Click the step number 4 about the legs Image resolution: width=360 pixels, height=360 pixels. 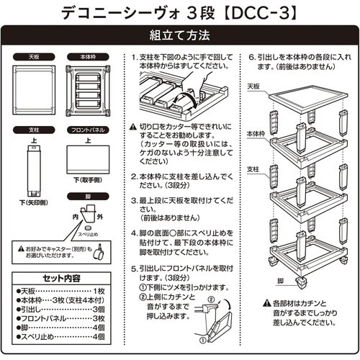(135, 234)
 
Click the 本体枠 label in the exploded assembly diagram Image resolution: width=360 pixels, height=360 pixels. (254, 133)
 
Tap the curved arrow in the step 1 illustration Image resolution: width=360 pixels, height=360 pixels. (189, 94)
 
